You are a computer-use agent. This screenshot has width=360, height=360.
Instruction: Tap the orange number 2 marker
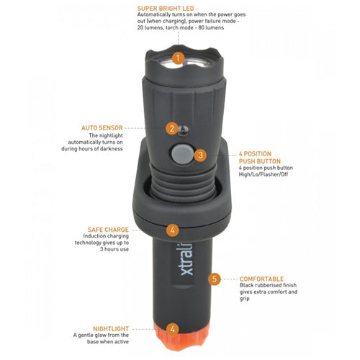point(171,129)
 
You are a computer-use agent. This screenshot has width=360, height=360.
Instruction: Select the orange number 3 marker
point(200,154)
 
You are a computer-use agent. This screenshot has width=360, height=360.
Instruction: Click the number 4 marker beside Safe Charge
point(173,230)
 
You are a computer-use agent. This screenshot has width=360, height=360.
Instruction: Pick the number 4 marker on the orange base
point(173,328)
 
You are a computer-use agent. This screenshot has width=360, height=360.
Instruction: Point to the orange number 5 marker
point(214,278)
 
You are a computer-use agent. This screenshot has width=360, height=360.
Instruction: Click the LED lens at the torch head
point(177,66)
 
